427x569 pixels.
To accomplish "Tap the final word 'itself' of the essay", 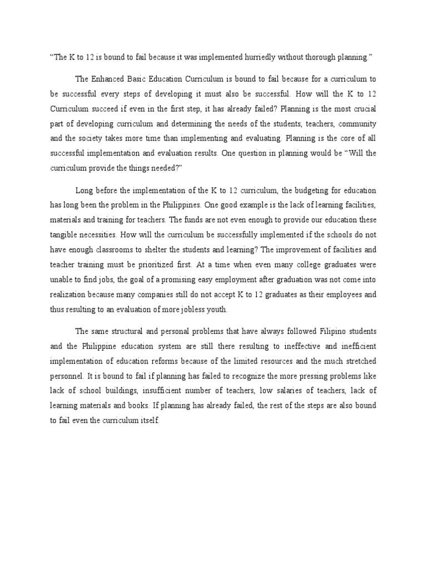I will (147, 421).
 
